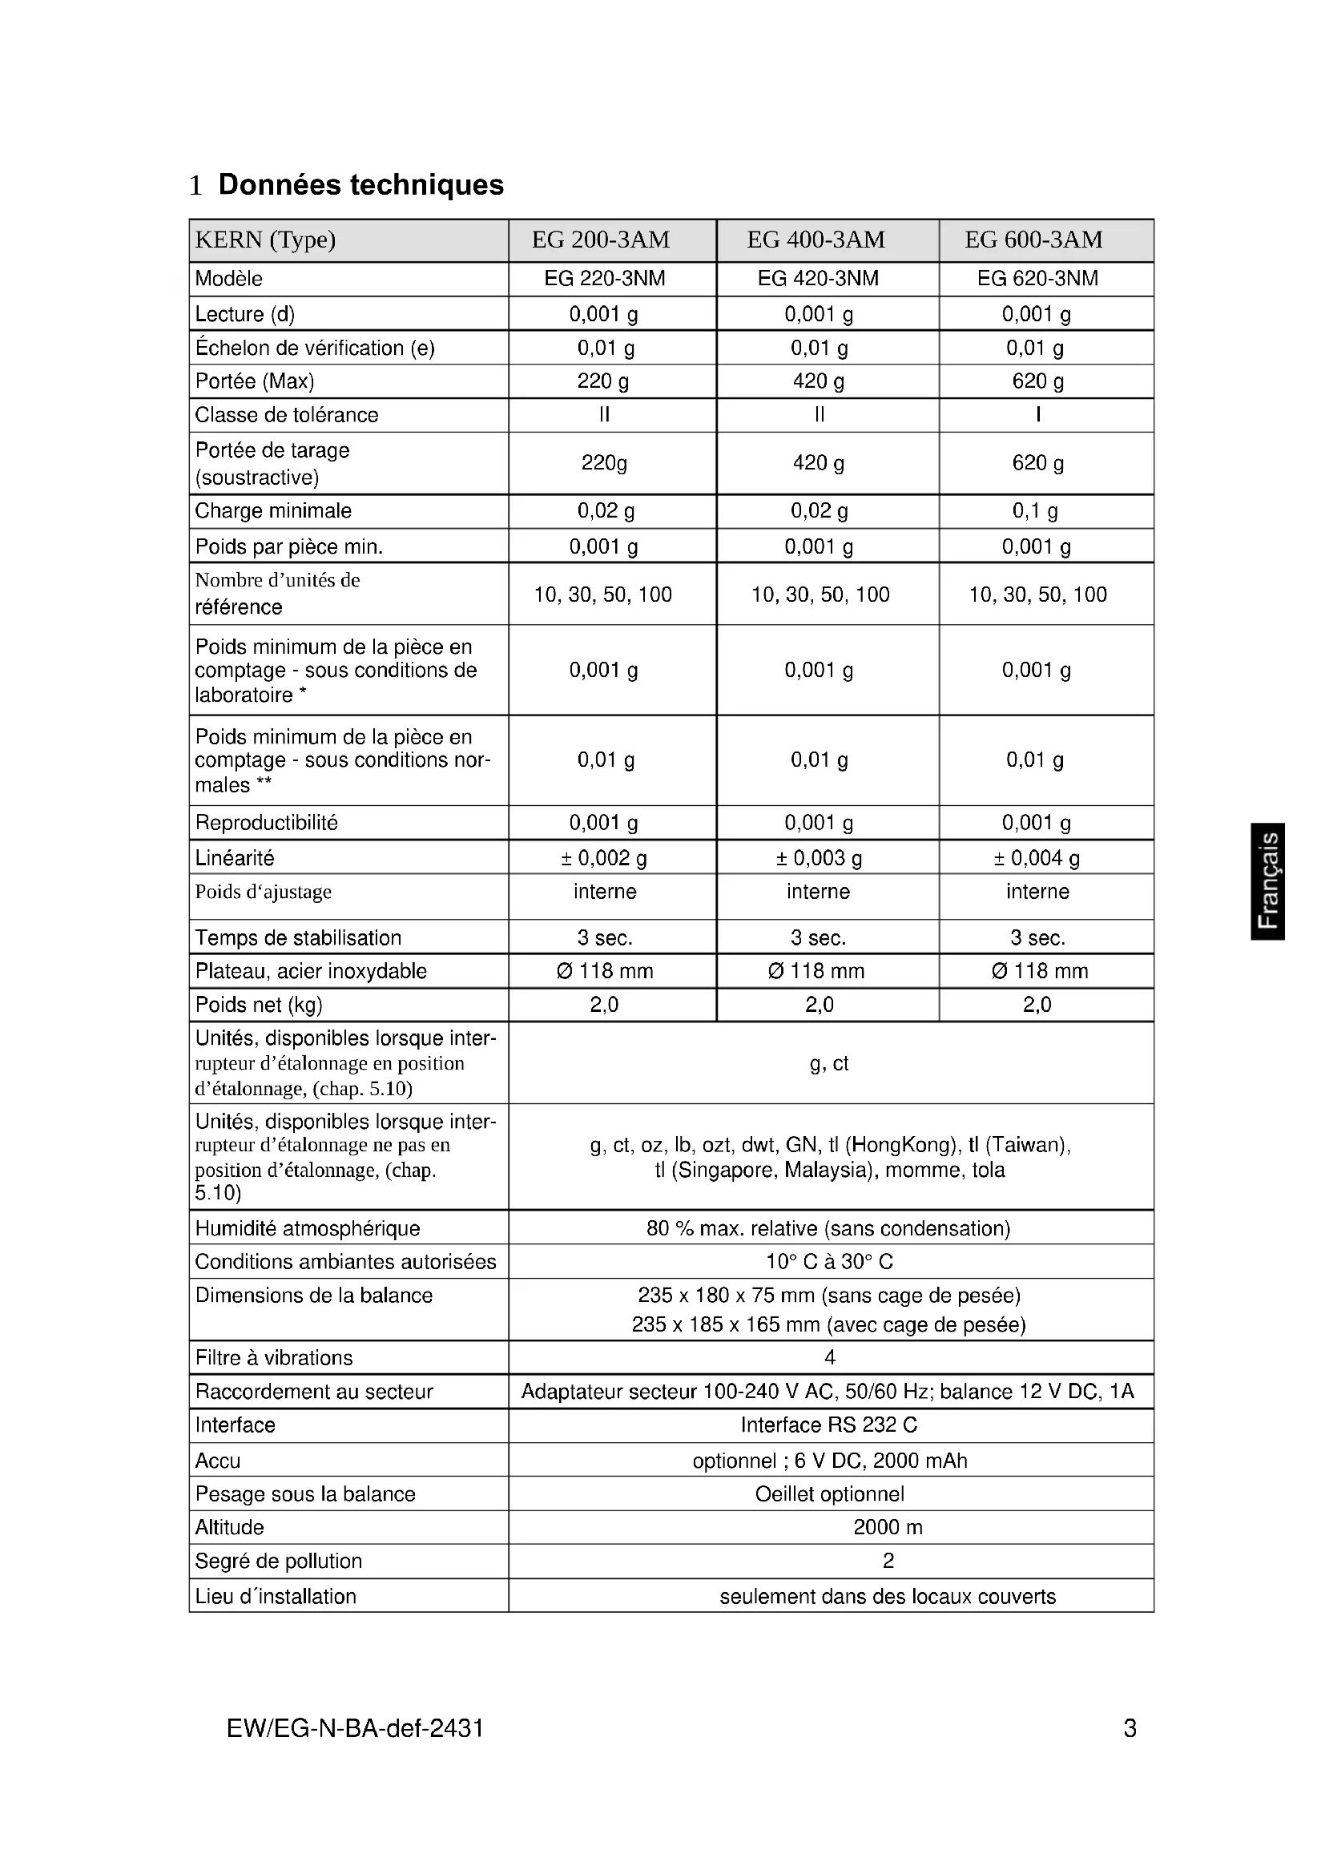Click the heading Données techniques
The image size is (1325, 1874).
(x=360, y=184)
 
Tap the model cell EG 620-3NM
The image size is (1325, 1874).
(x=1037, y=278)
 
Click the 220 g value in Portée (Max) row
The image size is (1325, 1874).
(x=604, y=381)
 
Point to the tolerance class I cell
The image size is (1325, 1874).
(x=1037, y=415)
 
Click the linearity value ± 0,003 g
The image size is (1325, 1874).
(x=819, y=858)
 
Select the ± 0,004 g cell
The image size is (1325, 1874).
(x=1036, y=858)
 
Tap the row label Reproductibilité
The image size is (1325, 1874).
(x=266, y=823)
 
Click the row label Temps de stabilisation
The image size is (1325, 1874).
(x=298, y=938)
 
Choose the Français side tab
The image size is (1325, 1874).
(x=1268, y=881)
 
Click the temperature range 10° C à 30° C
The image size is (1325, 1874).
(x=829, y=1261)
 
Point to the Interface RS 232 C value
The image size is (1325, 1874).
(x=829, y=1425)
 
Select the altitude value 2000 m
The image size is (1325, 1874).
(x=888, y=1527)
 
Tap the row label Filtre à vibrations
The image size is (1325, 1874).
(x=274, y=1357)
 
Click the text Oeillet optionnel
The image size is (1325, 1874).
(x=829, y=1493)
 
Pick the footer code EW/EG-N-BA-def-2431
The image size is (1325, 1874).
(x=355, y=1728)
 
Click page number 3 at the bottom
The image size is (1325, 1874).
(x=1130, y=1728)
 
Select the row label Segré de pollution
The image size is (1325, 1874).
(x=278, y=1561)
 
